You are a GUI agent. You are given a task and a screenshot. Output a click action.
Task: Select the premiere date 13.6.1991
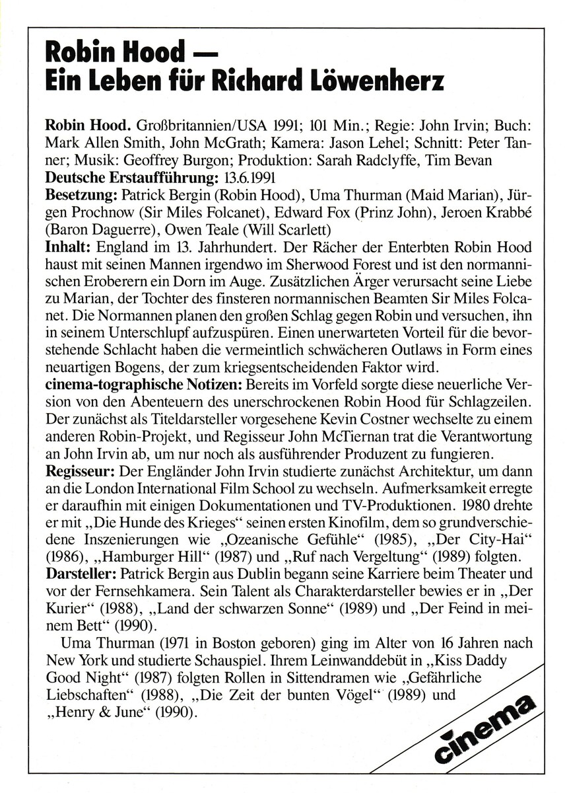(x=246, y=178)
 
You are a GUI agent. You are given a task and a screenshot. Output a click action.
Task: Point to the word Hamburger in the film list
(x=129, y=562)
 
